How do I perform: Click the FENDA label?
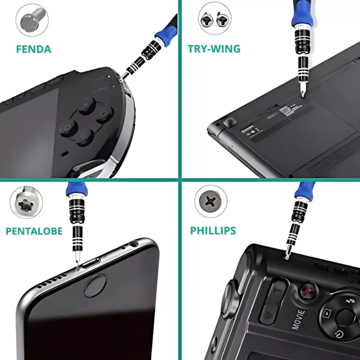(x=33, y=49)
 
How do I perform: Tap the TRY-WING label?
(x=214, y=49)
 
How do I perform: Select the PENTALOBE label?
(x=34, y=231)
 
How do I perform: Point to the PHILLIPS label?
(x=213, y=231)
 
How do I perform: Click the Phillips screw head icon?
(x=211, y=201)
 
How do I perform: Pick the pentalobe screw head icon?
(x=26, y=202)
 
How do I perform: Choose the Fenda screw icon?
(x=32, y=20)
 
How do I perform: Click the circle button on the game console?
(x=104, y=114)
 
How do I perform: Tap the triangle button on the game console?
(x=84, y=137)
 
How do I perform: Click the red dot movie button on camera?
(x=308, y=291)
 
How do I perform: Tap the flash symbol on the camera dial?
(x=351, y=301)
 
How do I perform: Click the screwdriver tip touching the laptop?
(x=303, y=93)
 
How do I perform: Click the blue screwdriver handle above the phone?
(x=76, y=189)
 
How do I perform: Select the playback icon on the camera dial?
(x=327, y=313)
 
